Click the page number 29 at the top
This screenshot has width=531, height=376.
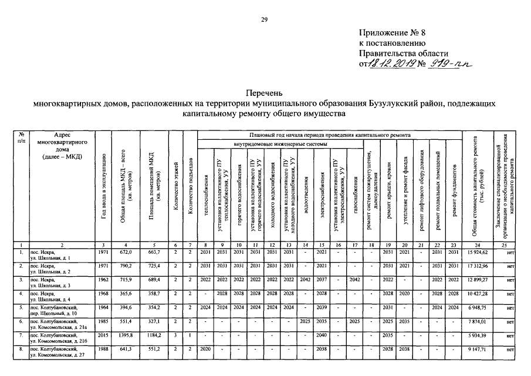tap(265, 21)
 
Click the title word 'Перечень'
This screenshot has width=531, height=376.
tap(265, 93)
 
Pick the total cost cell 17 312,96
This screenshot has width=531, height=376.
tap(476, 267)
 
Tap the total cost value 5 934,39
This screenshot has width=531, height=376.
tap(476, 337)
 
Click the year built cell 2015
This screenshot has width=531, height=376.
tap(103, 337)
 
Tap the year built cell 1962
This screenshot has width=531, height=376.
tap(103, 281)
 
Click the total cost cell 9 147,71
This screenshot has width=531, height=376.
tap(476, 351)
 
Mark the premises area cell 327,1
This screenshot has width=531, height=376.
tap(154, 323)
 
